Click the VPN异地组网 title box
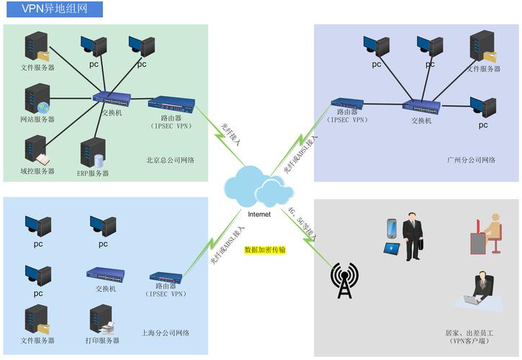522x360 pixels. pyautogui.click(x=51, y=9)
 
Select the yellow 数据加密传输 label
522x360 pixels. pyautogui.click(x=265, y=250)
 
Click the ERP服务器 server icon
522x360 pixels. pyautogui.click(x=93, y=153)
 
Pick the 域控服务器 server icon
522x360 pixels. pyautogui.click(x=35, y=150)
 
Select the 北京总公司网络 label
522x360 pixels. pyautogui.click(x=171, y=160)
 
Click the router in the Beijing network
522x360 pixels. pyautogui.click(x=171, y=103)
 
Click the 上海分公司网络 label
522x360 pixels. pyautogui.click(x=166, y=333)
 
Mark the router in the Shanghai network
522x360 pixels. pyautogui.click(x=166, y=278)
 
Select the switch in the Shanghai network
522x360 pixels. pyautogui.click(x=105, y=274)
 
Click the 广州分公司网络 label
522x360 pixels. pyautogui.click(x=471, y=160)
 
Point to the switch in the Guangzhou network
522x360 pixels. pyautogui.click(x=421, y=107)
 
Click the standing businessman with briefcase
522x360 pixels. pyautogui.click(x=413, y=235)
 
